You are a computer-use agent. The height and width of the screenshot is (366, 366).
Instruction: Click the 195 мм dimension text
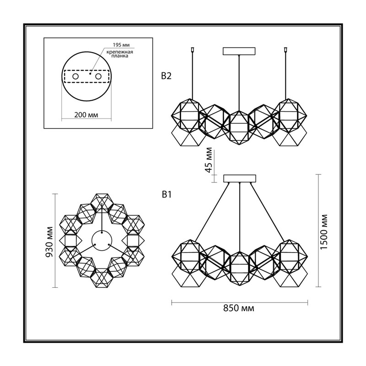[x=121, y=45]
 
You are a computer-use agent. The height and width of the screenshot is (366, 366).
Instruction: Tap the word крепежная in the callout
[x=120, y=52]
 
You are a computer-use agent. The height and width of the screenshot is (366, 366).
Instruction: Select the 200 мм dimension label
[x=86, y=115]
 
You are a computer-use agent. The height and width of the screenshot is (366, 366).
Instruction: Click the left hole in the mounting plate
[x=75, y=76]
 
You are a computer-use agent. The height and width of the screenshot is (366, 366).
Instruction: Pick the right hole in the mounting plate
[x=98, y=76]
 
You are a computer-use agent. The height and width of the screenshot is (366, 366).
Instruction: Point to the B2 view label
[x=166, y=76]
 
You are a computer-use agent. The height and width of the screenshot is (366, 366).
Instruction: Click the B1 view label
[x=167, y=194]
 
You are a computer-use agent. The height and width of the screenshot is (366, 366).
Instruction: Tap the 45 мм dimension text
[x=209, y=160]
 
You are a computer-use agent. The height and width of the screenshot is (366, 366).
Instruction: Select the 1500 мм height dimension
[x=324, y=231]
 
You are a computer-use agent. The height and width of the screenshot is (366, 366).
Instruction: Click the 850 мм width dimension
[x=238, y=308]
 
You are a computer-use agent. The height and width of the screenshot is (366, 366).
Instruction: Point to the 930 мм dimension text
[x=49, y=242]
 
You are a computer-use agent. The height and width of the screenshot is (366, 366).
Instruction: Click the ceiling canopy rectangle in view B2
[x=239, y=51]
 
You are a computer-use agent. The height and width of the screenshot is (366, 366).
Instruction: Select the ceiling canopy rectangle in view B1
[x=240, y=178]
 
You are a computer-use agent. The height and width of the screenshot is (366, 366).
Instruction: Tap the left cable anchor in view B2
[x=192, y=49]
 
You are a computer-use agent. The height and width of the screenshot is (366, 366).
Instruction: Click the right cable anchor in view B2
[x=285, y=49]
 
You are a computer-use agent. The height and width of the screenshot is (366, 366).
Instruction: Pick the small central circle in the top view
[x=102, y=241]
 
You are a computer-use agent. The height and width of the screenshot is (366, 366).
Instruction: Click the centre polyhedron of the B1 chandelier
[x=240, y=268]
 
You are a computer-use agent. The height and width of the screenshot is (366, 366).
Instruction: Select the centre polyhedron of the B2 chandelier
[x=239, y=128]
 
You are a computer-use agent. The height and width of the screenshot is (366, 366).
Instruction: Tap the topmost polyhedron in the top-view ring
[x=102, y=202]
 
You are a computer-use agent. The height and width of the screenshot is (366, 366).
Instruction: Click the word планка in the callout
[x=120, y=56]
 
